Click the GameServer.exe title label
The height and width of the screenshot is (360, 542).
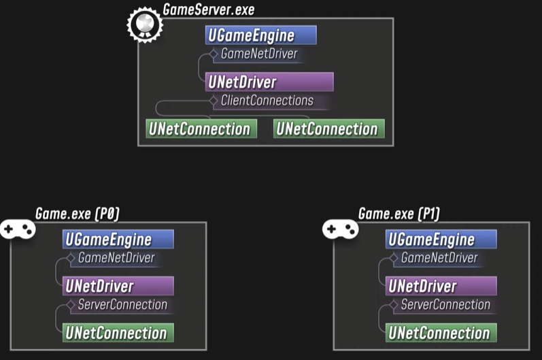pos(209,10)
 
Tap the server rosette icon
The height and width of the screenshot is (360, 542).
pos(145,25)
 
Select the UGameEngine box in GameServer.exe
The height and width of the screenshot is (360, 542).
pos(260,35)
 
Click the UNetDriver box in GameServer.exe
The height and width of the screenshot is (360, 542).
pos(269,82)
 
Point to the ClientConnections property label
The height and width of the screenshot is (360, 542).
pos(267,101)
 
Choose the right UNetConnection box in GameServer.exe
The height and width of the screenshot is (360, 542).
pos(328,129)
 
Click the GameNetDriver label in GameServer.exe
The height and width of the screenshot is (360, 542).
pos(258,54)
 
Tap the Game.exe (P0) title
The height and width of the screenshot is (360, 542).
pos(78,214)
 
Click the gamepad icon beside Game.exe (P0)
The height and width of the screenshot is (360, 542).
pos(18,229)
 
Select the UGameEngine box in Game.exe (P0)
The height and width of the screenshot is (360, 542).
pos(118,240)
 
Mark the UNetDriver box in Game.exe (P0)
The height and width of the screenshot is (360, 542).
pos(118,286)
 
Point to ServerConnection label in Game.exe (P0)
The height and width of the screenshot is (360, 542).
pos(122,304)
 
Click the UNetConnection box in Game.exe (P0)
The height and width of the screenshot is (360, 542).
pos(118,333)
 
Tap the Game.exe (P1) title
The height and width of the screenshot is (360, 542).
pos(399,214)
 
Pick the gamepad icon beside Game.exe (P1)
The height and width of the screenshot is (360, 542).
pos(340,229)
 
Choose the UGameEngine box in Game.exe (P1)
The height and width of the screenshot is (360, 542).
pos(441,240)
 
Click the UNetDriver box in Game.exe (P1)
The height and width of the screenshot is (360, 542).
pos(441,286)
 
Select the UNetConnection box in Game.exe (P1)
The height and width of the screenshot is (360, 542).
pos(441,333)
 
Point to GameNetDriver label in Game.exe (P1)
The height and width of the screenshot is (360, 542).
pos(439,258)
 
